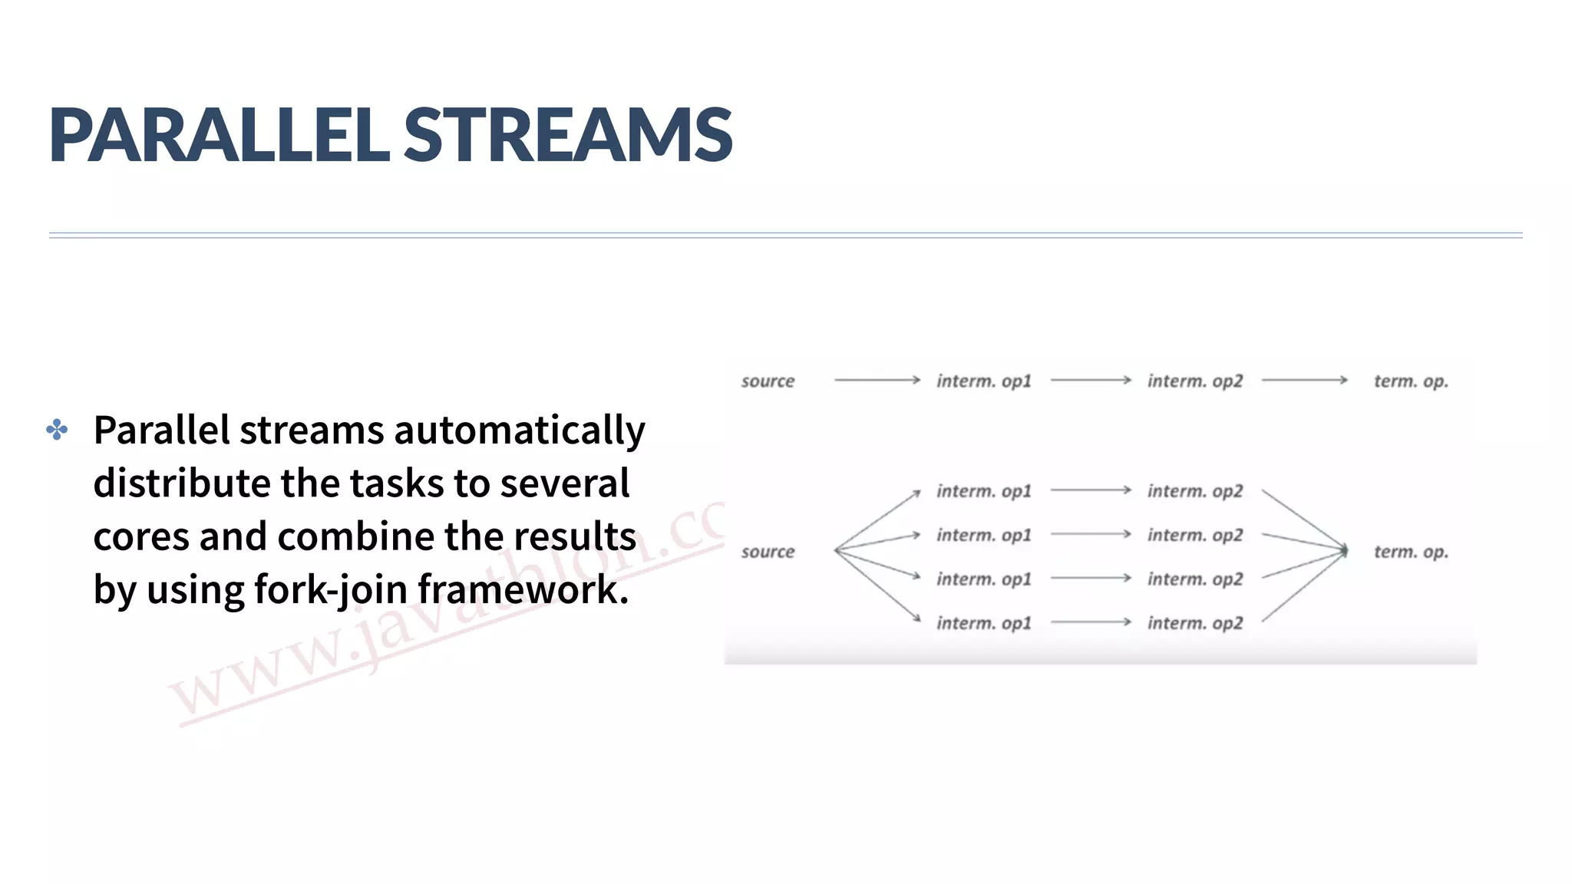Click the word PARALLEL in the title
(x=219, y=135)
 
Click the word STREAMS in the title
(x=567, y=135)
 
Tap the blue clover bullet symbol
(x=57, y=429)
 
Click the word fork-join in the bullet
(x=331, y=589)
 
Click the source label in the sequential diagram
(x=768, y=381)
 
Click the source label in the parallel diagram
(x=768, y=552)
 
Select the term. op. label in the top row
(x=1411, y=381)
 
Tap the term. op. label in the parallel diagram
(x=1411, y=552)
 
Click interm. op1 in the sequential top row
(x=983, y=381)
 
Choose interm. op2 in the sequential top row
(x=1194, y=381)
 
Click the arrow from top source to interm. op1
(x=877, y=380)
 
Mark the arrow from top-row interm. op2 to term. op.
(x=1304, y=380)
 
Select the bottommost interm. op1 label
(x=983, y=623)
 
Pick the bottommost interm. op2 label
(x=1194, y=623)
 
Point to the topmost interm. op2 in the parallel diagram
(x=1194, y=491)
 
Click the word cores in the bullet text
(x=140, y=536)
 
